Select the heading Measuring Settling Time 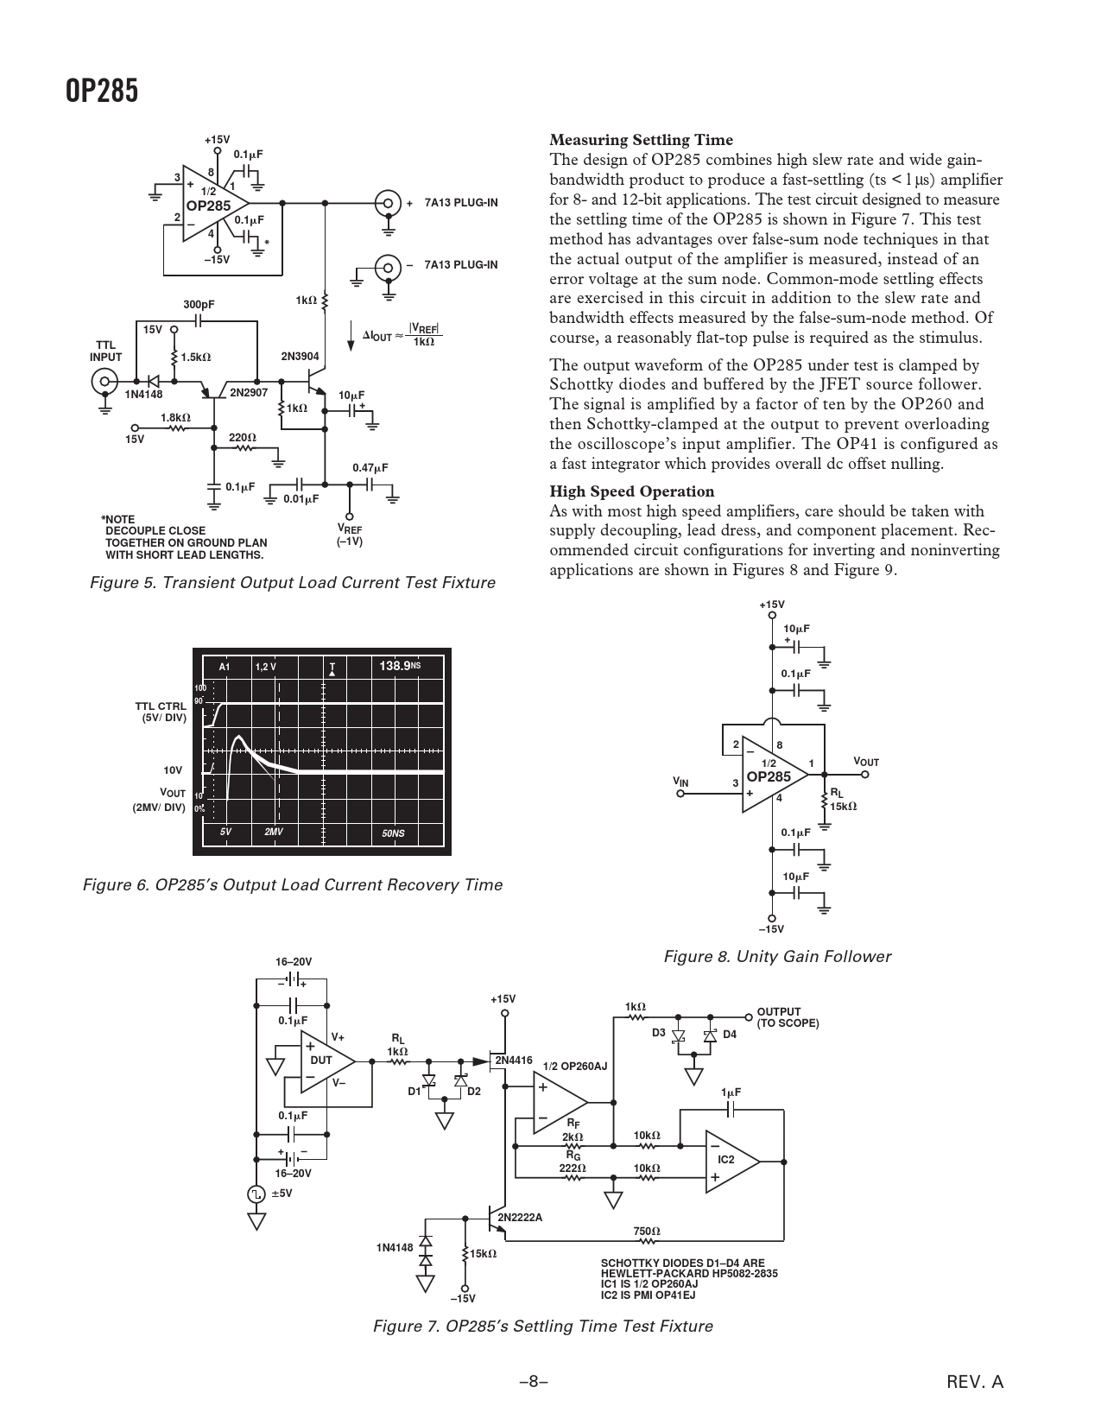[x=641, y=140]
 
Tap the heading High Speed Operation [x=631, y=491]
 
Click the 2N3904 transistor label [x=300, y=357]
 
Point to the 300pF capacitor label [x=199, y=305]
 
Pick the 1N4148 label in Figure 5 [x=143, y=395]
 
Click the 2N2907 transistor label [x=249, y=394]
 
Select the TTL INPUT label [x=106, y=351]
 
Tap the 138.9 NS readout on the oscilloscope [x=400, y=666]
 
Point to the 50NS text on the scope [x=393, y=833]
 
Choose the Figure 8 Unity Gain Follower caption [x=776, y=956]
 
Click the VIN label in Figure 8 [x=681, y=782]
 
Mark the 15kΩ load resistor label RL [x=842, y=799]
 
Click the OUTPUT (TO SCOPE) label [x=787, y=1017]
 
